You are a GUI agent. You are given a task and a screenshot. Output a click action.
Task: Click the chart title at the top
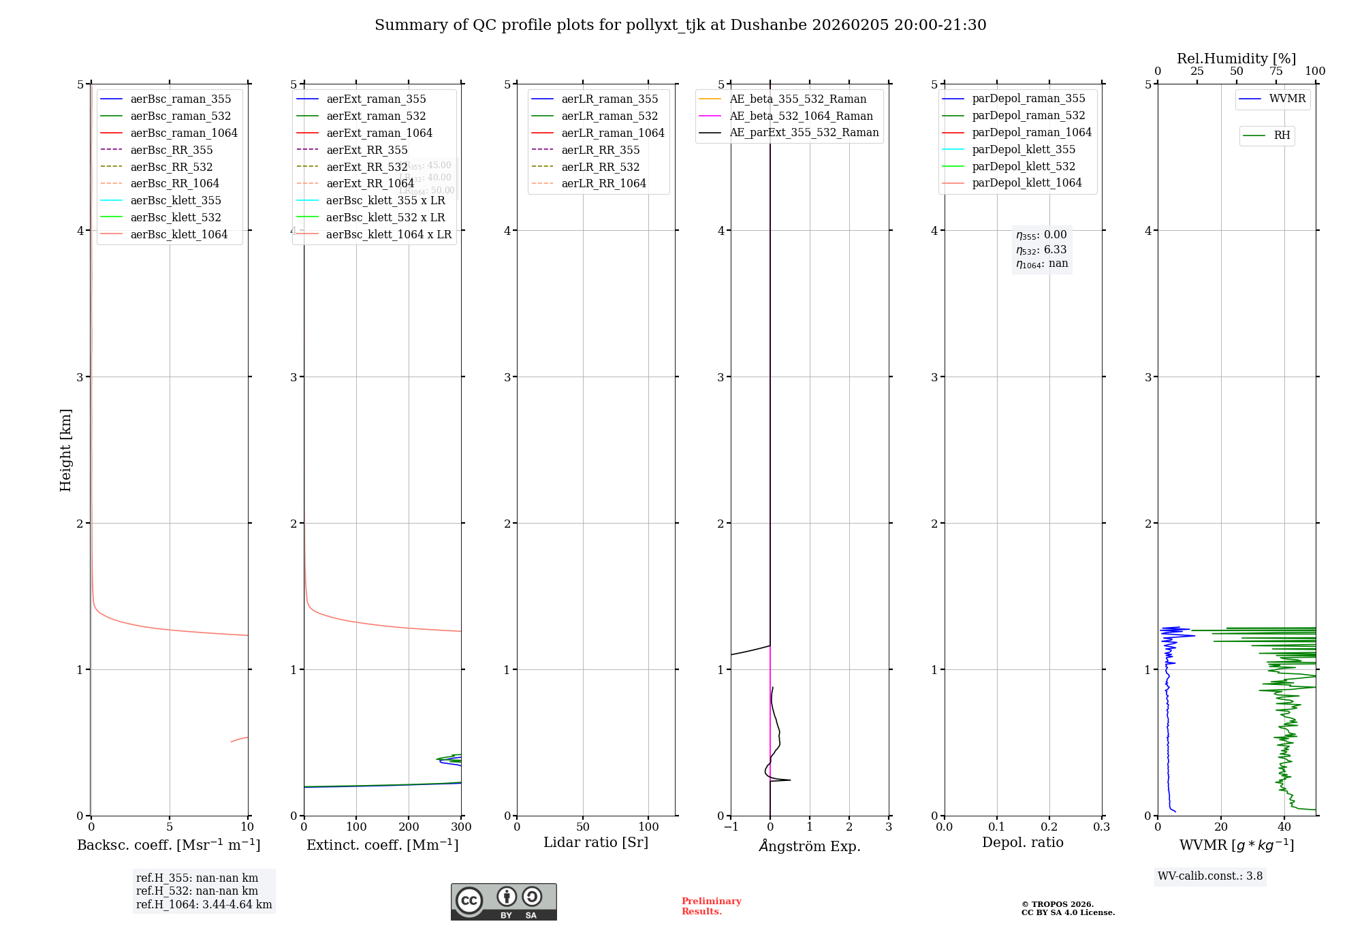point(680,25)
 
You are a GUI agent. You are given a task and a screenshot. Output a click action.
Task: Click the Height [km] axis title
point(65,449)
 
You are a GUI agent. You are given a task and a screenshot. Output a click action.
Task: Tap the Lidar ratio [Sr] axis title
point(596,842)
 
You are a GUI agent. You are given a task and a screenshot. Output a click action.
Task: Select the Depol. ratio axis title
point(1022,842)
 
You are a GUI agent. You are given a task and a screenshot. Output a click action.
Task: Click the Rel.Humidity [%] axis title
point(1236,59)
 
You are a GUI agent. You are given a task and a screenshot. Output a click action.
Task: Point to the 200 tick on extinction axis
point(409,827)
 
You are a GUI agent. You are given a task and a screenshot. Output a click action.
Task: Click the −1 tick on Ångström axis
point(731,827)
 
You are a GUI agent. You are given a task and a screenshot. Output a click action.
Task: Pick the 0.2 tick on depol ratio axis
point(1049,827)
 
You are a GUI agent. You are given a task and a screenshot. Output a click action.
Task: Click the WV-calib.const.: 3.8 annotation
point(1210,876)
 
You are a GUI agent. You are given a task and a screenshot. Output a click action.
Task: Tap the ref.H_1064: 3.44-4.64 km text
point(204,905)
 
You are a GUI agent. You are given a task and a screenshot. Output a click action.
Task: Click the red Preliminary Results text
point(711,906)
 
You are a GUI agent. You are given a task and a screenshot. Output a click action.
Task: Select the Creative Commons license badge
point(503,901)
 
